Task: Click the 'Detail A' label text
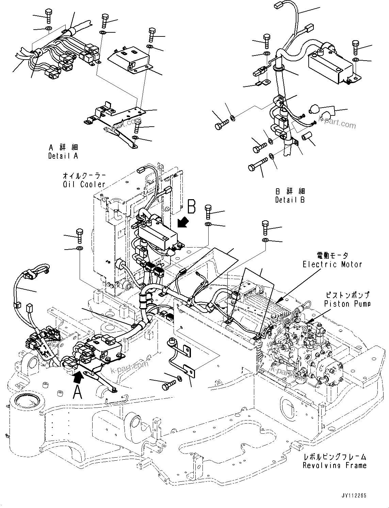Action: (x=63, y=156)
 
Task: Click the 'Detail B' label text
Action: (x=290, y=200)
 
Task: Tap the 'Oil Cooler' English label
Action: (x=84, y=184)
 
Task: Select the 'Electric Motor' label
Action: (x=333, y=264)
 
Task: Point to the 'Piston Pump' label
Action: (x=347, y=303)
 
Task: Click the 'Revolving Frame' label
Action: (x=335, y=465)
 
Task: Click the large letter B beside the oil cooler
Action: (x=192, y=206)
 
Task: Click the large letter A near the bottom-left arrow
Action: (x=78, y=393)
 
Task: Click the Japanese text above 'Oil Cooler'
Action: (x=84, y=176)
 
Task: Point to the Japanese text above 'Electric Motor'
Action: (x=332, y=255)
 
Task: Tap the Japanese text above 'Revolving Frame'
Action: (x=335, y=457)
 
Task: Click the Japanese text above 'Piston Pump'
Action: (x=347, y=295)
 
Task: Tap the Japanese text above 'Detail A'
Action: (x=63, y=147)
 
